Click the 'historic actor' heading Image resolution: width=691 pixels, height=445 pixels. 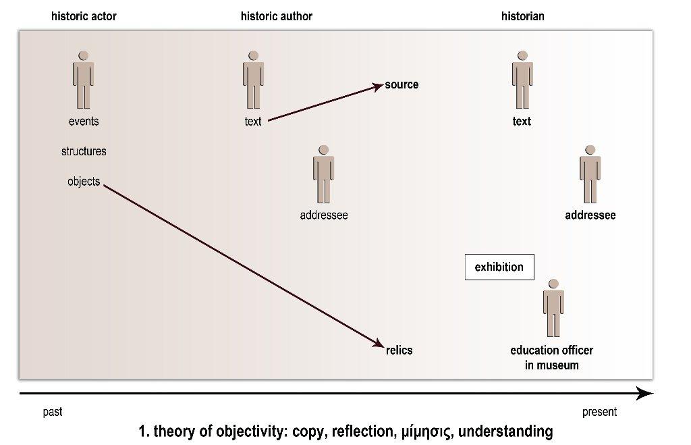tap(84, 16)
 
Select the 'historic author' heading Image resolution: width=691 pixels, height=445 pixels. tap(276, 16)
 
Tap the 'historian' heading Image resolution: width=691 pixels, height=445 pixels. tap(522, 16)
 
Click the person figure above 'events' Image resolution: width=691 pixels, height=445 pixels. tap(83, 80)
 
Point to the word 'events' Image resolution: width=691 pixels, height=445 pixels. tap(84, 122)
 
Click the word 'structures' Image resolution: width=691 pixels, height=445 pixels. tap(84, 151)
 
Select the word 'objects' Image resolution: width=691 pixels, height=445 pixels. tap(84, 182)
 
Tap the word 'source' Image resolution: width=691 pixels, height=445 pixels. tap(402, 84)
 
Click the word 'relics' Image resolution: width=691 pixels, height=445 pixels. tap(399, 350)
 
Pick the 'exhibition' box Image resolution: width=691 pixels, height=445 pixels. tap(499, 267)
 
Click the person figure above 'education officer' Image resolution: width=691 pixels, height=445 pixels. tap(553, 308)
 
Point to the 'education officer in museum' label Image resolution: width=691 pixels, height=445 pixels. tap(552, 358)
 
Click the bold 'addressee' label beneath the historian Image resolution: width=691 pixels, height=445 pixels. tap(590, 216)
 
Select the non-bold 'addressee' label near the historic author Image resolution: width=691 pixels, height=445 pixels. tap(324, 216)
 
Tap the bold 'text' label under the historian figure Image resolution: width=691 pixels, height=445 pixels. tap(522, 122)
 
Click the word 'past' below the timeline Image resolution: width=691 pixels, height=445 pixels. tap(53, 412)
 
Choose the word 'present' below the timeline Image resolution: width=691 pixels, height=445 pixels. tap(599, 412)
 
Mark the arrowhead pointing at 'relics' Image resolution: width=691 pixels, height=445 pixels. tap(379, 345)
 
